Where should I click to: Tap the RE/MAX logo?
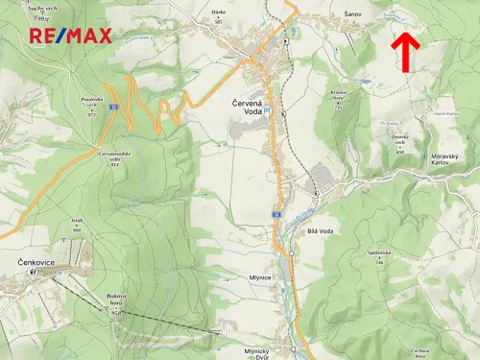(70, 36)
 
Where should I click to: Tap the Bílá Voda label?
(320, 231)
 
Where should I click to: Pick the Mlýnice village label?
(260, 276)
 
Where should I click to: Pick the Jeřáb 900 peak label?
(77, 223)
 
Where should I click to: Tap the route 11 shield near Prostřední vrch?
(112, 106)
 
